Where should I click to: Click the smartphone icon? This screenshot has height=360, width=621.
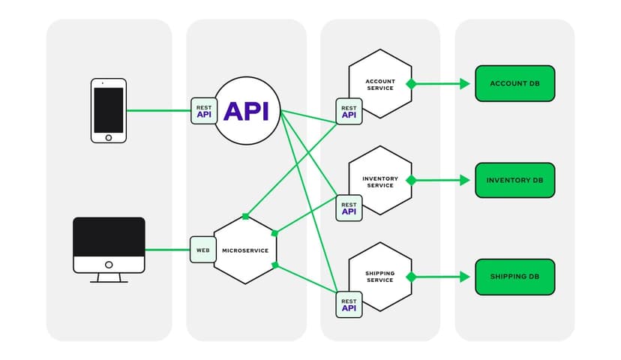[x=108, y=110]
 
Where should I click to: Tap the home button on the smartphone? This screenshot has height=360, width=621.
[x=108, y=137]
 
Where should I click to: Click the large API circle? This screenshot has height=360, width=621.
[x=247, y=111]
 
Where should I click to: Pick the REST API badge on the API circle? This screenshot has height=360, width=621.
[x=204, y=111]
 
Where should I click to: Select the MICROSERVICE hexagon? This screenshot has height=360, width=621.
[x=245, y=250]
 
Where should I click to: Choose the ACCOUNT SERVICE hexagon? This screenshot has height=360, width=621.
[x=380, y=84]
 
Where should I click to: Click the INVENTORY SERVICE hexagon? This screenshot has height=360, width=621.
[x=380, y=181]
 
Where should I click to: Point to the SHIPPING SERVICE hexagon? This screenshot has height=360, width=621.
[x=380, y=277]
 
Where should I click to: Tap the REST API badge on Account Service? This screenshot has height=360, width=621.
[x=349, y=111]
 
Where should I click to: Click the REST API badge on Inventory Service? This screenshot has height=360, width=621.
[x=349, y=208]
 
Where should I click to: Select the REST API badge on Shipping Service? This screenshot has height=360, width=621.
[x=349, y=304]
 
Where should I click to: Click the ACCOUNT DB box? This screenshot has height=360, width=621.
[x=514, y=83]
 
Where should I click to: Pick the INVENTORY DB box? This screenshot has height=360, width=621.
[x=514, y=180]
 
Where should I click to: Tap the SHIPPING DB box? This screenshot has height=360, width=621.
[x=514, y=277]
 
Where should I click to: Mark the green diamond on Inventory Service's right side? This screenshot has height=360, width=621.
[x=411, y=180]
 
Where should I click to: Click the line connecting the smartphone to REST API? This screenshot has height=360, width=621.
[x=158, y=111]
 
